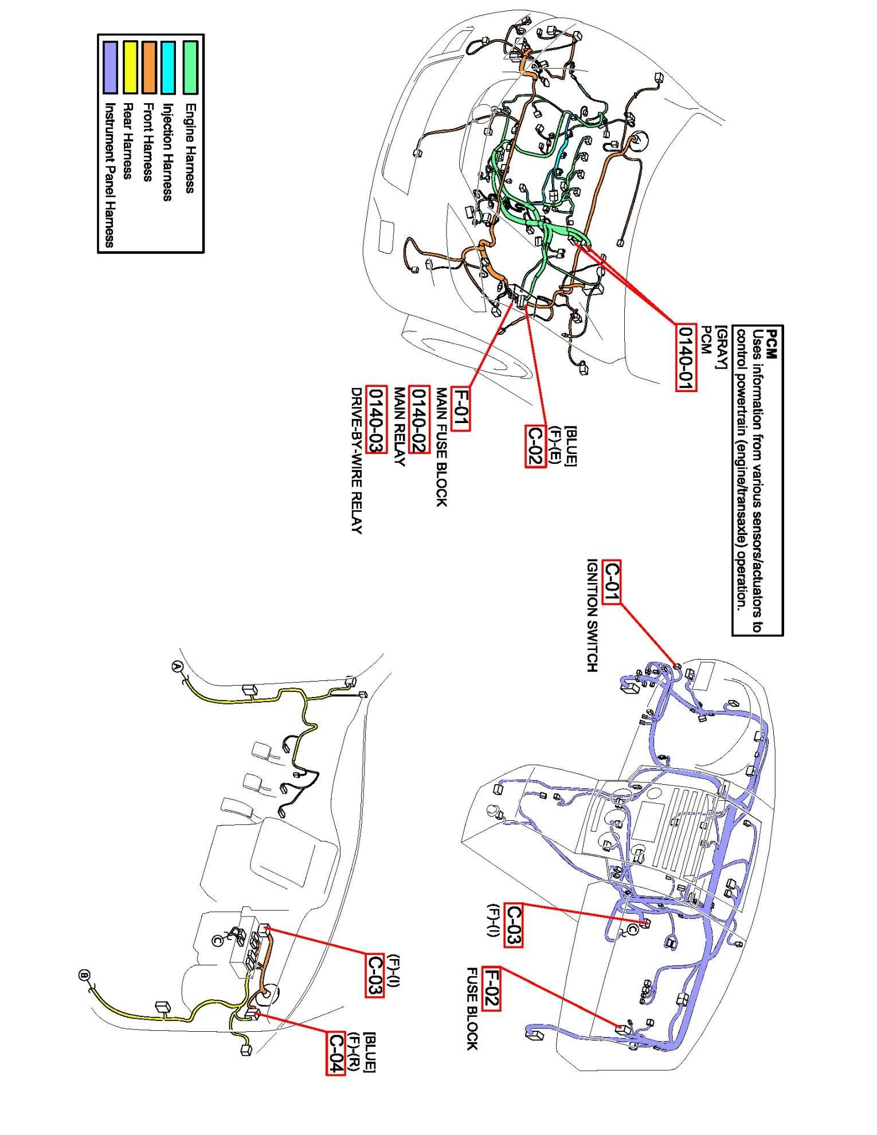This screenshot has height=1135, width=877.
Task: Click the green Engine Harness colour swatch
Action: tap(190, 67)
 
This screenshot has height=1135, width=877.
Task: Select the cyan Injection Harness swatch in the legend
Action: tap(168, 67)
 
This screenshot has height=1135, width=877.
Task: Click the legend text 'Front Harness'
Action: tap(148, 142)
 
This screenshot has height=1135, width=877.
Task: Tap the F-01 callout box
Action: tap(461, 408)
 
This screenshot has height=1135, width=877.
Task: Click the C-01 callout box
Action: tap(612, 582)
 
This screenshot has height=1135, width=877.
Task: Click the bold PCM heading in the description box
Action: tap(772, 343)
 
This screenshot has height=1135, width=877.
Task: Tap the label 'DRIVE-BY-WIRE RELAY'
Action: tap(356, 461)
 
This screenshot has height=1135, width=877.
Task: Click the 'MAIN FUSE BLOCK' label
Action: tap(441, 447)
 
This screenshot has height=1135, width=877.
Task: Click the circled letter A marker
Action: tap(177, 666)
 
